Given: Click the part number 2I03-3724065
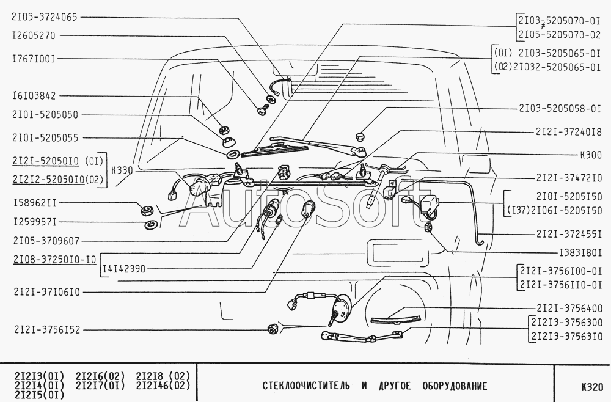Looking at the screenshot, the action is (45, 17).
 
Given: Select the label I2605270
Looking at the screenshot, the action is (34, 36).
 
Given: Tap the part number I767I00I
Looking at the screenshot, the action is (34, 59).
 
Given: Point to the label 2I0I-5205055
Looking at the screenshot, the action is (45, 138).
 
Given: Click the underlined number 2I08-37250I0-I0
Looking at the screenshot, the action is (54, 260).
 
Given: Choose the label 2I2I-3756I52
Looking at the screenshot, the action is (47, 329).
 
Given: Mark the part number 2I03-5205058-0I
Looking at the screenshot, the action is (560, 108).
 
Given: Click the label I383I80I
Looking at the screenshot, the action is (580, 253).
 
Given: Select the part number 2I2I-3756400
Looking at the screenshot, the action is (569, 308).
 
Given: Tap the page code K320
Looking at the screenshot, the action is (592, 387).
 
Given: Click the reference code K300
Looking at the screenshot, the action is (591, 155).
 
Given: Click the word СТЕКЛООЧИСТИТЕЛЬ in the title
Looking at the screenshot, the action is (307, 386).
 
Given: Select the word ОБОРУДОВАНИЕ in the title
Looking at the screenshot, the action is (455, 386).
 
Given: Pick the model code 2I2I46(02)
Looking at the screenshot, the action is (163, 386).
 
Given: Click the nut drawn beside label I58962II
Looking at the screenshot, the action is (147, 211).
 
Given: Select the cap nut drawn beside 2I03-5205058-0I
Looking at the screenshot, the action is (360, 137).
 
